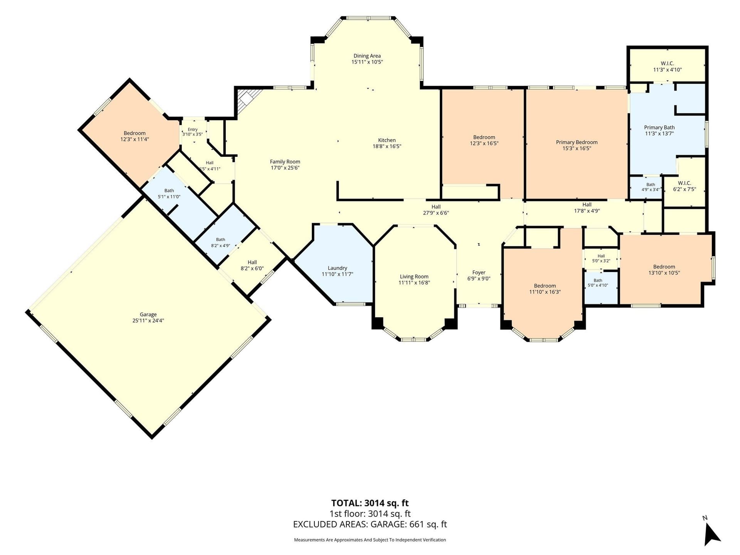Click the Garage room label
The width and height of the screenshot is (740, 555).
pyautogui.click(x=148, y=314)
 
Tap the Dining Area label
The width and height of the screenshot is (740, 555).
pyautogui.click(x=367, y=56)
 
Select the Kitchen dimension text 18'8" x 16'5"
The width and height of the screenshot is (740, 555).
pyautogui.click(x=387, y=146)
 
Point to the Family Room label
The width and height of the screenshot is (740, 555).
pyautogui.click(x=285, y=162)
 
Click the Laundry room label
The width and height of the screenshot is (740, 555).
pyautogui.click(x=337, y=268)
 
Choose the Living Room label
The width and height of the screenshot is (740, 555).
pyautogui.click(x=414, y=277)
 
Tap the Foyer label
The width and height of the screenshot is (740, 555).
pyautogui.click(x=479, y=272)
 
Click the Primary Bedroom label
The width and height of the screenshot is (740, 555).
pyautogui.click(x=577, y=142)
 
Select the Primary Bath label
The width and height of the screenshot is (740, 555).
pyautogui.click(x=659, y=128)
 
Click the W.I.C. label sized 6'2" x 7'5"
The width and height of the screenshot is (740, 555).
pyautogui.click(x=684, y=183)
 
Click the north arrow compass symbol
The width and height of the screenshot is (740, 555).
pyautogui.click(x=711, y=533)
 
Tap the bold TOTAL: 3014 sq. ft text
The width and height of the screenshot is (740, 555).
pyautogui.click(x=370, y=503)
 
